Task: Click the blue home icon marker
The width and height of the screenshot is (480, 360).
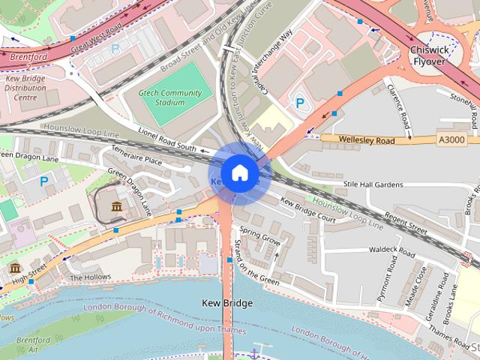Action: click(239, 173)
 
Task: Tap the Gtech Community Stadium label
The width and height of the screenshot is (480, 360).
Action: click(172, 97)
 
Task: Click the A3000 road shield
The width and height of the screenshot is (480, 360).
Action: click(451, 139)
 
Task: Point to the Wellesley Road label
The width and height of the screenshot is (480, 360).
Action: click(367, 139)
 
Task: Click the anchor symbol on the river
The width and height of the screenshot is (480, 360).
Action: click(255, 352)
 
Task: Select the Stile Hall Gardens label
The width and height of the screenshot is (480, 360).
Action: click(373, 184)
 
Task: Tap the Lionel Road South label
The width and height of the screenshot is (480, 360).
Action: click(166, 138)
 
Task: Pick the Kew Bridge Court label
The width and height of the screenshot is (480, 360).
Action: click(307, 210)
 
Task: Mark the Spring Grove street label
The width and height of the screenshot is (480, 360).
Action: click(261, 242)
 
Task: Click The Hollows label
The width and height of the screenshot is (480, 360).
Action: click(85, 277)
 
